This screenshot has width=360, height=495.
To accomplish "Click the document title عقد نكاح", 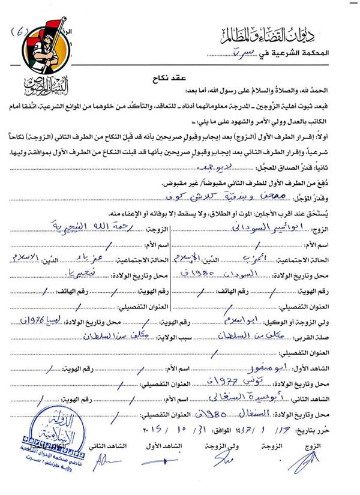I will (x=179, y=77).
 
